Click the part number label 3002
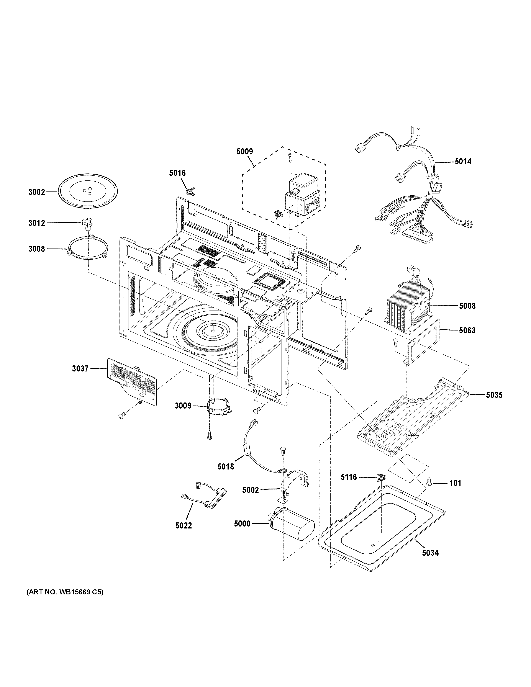37,192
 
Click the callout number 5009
244,152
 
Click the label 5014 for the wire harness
463,162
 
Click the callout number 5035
494,395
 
